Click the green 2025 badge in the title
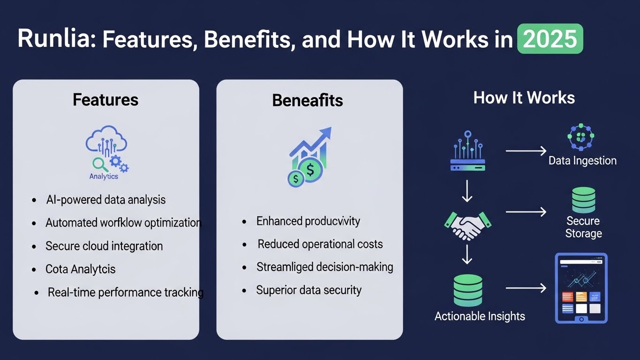pos(550,38)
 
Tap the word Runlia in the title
pos(53,38)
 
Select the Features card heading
pos(105,99)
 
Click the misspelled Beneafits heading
pos(308,100)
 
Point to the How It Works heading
pos(524,97)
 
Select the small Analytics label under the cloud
pos(104,176)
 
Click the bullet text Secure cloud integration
pos(104,246)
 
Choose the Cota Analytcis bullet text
pos(80,269)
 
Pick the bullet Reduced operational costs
pos(320,244)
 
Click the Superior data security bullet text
pos(309,290)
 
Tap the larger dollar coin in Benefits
pos(310,170)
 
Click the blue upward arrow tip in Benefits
pos(331,127)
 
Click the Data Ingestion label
pos(582,161)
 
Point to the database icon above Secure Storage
pos(583,200)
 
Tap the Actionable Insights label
pos(480,316)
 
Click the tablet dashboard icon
pos(581,288)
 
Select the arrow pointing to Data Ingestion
pos(526,150)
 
